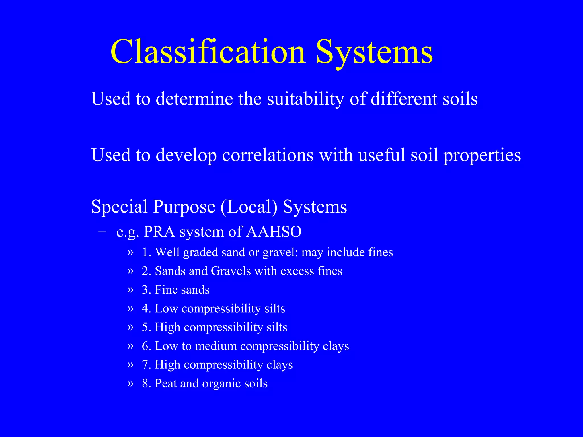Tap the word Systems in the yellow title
tap(374, 52)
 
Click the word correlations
tap(268, 155)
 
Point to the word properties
tap(482, 156)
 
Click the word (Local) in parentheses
tap(249, 207)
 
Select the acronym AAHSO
tap(274, 232)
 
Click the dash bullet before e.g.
tap(102, 232)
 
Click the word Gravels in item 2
tap(231, 271)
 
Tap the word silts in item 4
tap(274, 308)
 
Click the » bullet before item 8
tap(130, 384)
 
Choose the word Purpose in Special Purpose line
tap(184, 207)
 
